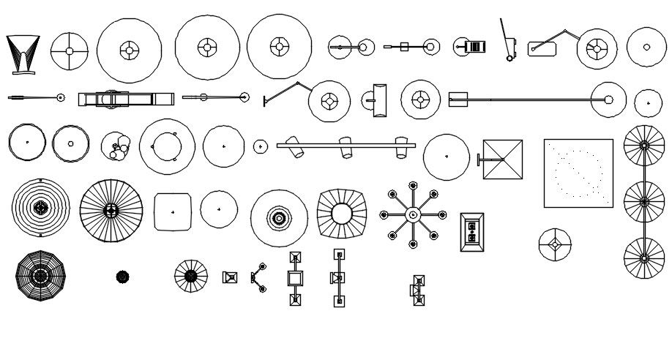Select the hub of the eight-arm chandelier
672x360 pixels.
413,214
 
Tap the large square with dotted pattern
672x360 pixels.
578,173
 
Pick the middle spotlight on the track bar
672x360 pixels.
346,146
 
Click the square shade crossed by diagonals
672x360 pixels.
503,159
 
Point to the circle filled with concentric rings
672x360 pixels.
41,208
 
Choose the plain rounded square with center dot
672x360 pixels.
173,212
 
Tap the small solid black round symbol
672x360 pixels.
122,276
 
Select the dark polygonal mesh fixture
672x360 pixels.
41,276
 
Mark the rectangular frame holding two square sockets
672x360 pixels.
471,232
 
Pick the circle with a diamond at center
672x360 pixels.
554,244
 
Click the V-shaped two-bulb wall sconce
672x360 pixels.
258,277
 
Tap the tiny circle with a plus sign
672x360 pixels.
260,146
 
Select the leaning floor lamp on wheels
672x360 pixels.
507,40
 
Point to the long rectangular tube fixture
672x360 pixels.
126,99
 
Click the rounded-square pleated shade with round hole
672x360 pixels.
342,213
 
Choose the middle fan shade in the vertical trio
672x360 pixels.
643,200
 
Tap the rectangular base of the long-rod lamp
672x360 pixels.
458,99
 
